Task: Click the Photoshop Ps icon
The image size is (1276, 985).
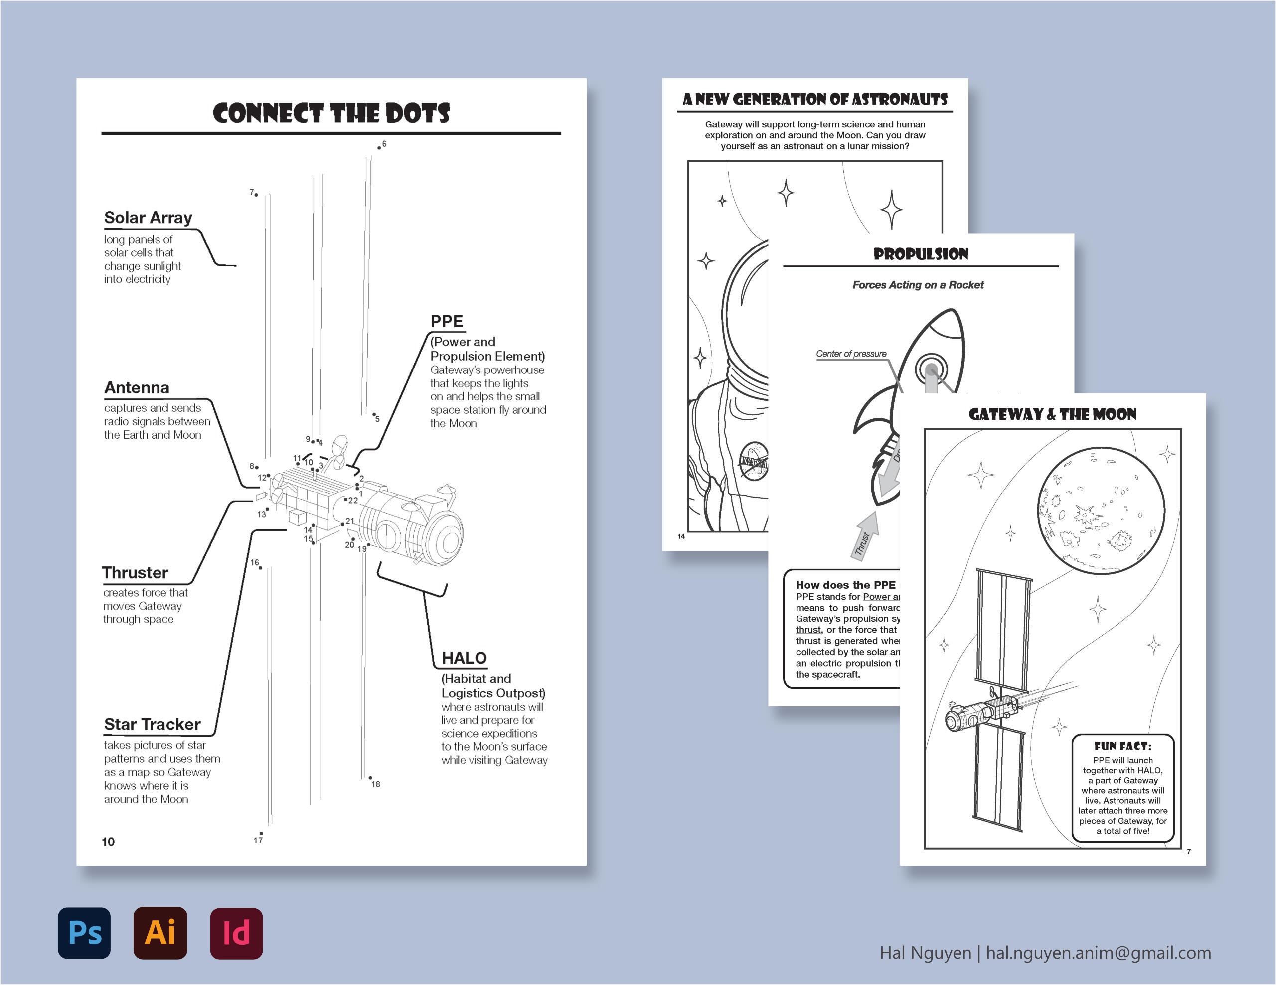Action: click(84, 932)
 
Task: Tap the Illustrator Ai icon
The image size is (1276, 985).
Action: click(160, 932)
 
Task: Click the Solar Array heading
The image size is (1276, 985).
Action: click(148, 218)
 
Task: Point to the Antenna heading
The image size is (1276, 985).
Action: click(137, 388)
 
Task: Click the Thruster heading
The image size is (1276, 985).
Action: click(135, 572)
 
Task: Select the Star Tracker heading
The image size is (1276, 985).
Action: click(152, 724)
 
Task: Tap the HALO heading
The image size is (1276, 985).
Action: click(464, 658)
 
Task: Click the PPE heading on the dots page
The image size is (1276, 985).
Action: click(447, 321)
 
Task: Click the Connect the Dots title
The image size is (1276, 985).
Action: click(331, 113)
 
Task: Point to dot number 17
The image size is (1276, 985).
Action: click(261, 833)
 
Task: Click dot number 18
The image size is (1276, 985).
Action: click(370, 778)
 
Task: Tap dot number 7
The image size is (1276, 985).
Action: click(256, 194)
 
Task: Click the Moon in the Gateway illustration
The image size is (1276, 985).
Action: click(1101, 511)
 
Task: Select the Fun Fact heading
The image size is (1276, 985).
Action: click(1122, 746)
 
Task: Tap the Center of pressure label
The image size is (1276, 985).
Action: click(851, 353)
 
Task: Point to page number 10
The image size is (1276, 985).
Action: click(108, 842)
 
